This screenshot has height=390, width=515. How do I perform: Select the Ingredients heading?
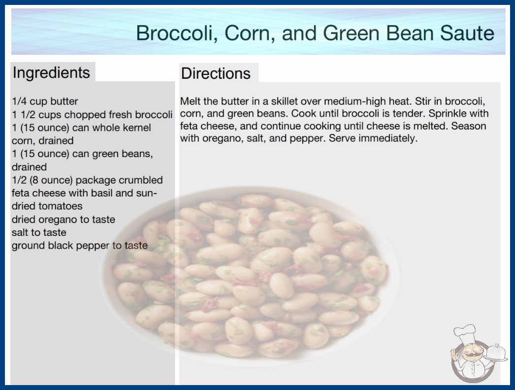51,73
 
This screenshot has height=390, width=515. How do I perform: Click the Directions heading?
216,73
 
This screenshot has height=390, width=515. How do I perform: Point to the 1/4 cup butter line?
45,101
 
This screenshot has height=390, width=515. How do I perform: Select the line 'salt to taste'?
39,232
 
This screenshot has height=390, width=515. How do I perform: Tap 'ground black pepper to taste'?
79,245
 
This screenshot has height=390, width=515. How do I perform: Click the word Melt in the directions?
191,101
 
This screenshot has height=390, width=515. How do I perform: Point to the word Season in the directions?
469,126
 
